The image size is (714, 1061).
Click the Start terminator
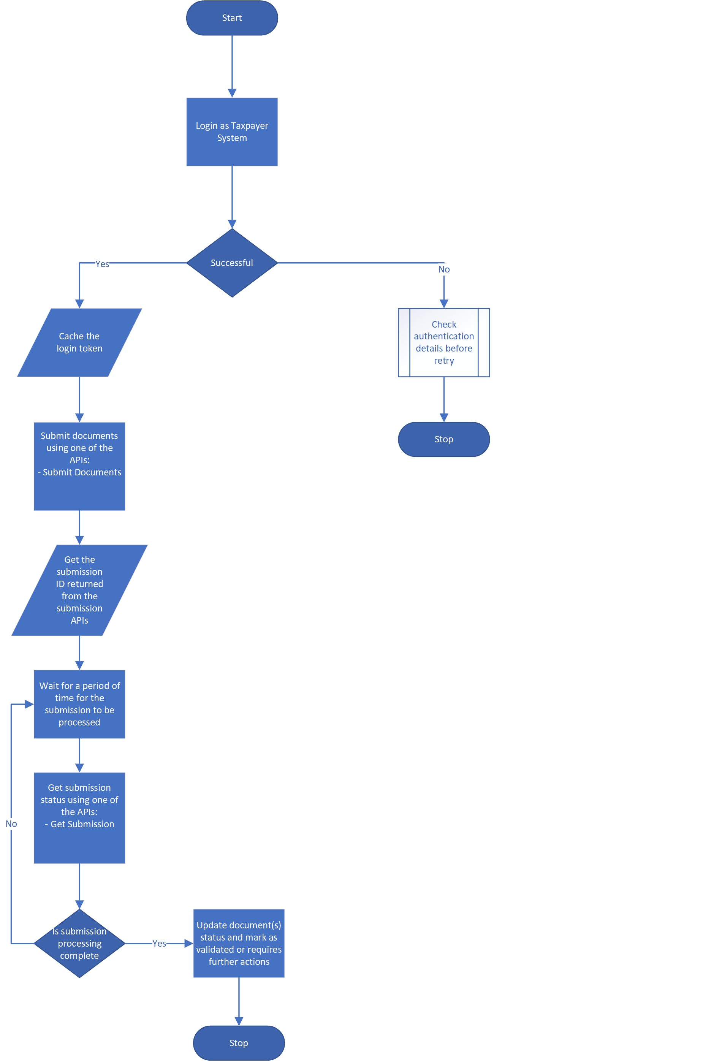(x=232, y=18)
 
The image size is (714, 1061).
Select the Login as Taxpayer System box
(x=232, y=131)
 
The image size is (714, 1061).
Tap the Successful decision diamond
(x=232, y=263)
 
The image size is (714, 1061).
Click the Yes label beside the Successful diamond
(x=102, y=264)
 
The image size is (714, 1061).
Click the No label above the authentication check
(x=443, y=269)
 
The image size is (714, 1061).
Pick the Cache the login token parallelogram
(x=79, y=342)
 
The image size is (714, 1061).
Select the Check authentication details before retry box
(x=443, y=342)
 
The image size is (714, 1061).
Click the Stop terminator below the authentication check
(x=443, y=439)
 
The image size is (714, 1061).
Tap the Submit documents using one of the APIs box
(x=79, y=466)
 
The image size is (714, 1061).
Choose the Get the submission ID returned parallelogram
(x=79, y=590)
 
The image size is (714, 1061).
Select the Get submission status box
(x=79, y=817)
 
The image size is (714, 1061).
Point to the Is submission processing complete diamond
(x=79, y=943)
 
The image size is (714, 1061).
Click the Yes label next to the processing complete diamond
(x=159, y=944)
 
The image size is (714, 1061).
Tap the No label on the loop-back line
(x=11, y=824)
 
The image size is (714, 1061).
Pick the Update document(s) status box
(x=239, y=943)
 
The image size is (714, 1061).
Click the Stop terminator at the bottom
(x=239, y=1043)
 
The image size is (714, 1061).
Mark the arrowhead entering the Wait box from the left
(x=29, y=704)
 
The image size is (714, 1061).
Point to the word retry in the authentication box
(x=443, y=361)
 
